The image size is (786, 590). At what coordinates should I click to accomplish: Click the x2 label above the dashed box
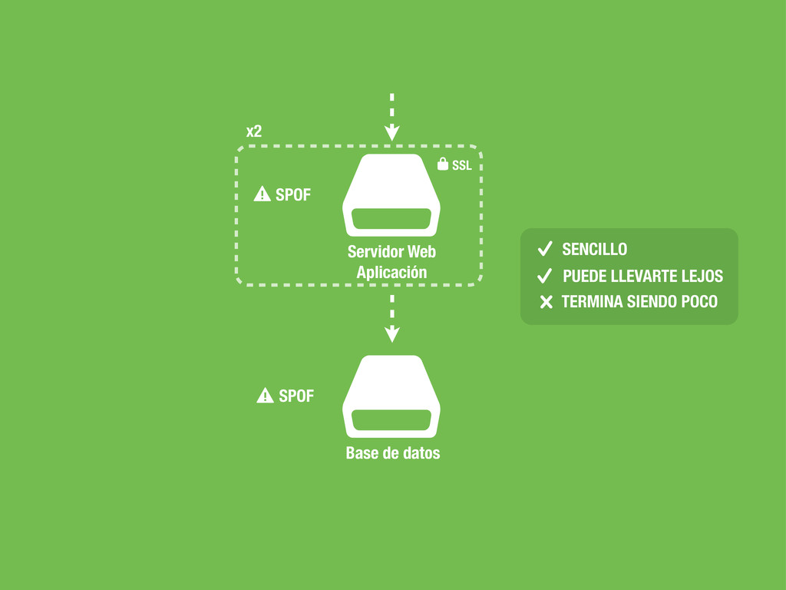click(x=254, y=131)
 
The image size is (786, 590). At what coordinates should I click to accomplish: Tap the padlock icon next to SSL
click(x=442, y=164)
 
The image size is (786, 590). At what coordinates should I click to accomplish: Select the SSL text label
click(x=461, y=165)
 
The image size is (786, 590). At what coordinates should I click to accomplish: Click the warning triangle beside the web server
click(x=263, y=194)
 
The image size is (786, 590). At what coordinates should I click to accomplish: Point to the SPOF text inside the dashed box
click(x=293, y=195)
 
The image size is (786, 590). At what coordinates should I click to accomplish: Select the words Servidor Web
click(x=391, y=251)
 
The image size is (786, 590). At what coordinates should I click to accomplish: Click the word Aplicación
click(x=391, y=272)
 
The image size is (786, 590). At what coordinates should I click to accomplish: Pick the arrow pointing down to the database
click(x=391, y=318)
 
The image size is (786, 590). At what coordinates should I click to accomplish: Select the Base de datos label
click(x=393, y=452)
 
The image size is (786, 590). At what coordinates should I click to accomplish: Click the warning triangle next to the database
click(x=265, y=396)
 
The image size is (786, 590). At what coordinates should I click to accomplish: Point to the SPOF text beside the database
click(x=296, y=396)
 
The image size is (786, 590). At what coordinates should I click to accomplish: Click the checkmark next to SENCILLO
click(x=545, y=249)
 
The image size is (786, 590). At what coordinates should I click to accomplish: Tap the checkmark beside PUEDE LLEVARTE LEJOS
click(x=545, y=276)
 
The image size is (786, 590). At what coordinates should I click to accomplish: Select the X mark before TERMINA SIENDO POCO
click(x=546, y=302)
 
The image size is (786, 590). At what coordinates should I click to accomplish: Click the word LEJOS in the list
click(x=702, y=276)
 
